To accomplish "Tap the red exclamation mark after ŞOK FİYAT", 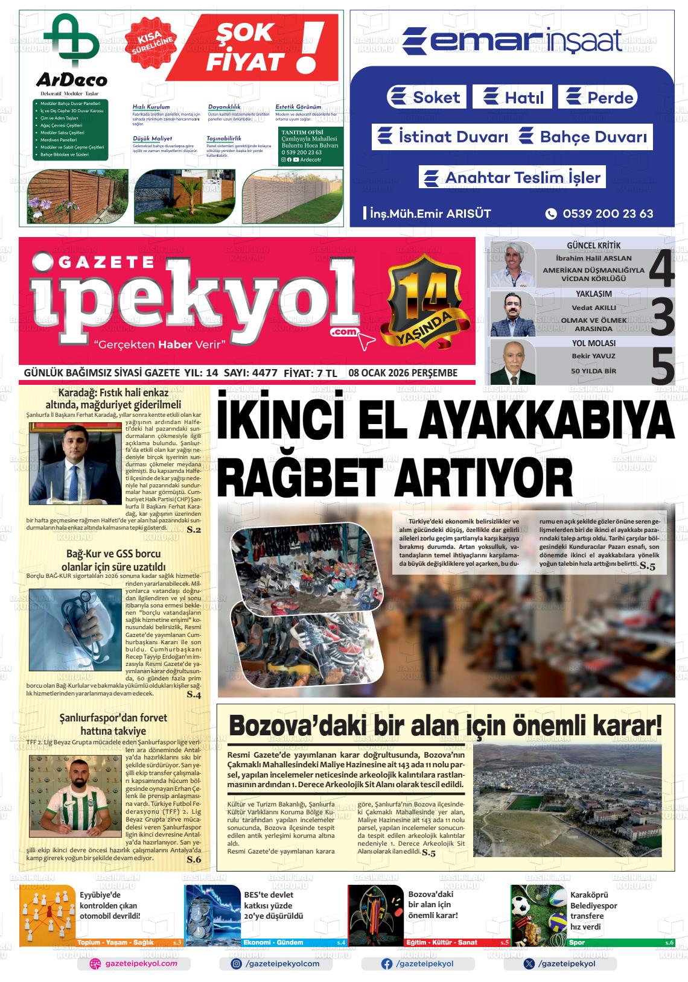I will (x=310, y=48).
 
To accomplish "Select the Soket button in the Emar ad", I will (x=425, y=97).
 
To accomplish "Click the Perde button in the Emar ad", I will (x=597, y=97).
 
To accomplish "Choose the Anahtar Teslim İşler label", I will (x=512, y=177).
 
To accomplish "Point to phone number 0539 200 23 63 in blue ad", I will (x=607, y=213).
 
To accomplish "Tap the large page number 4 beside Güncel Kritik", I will (x=661, y=270).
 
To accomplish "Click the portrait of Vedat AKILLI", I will (x=513, y=314).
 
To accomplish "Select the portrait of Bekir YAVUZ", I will (x=513, y=362).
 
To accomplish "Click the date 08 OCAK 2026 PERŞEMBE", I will (x=403, y=373).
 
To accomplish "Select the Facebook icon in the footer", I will (x=387, y=964).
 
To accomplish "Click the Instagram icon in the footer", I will (x=237, y=964).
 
